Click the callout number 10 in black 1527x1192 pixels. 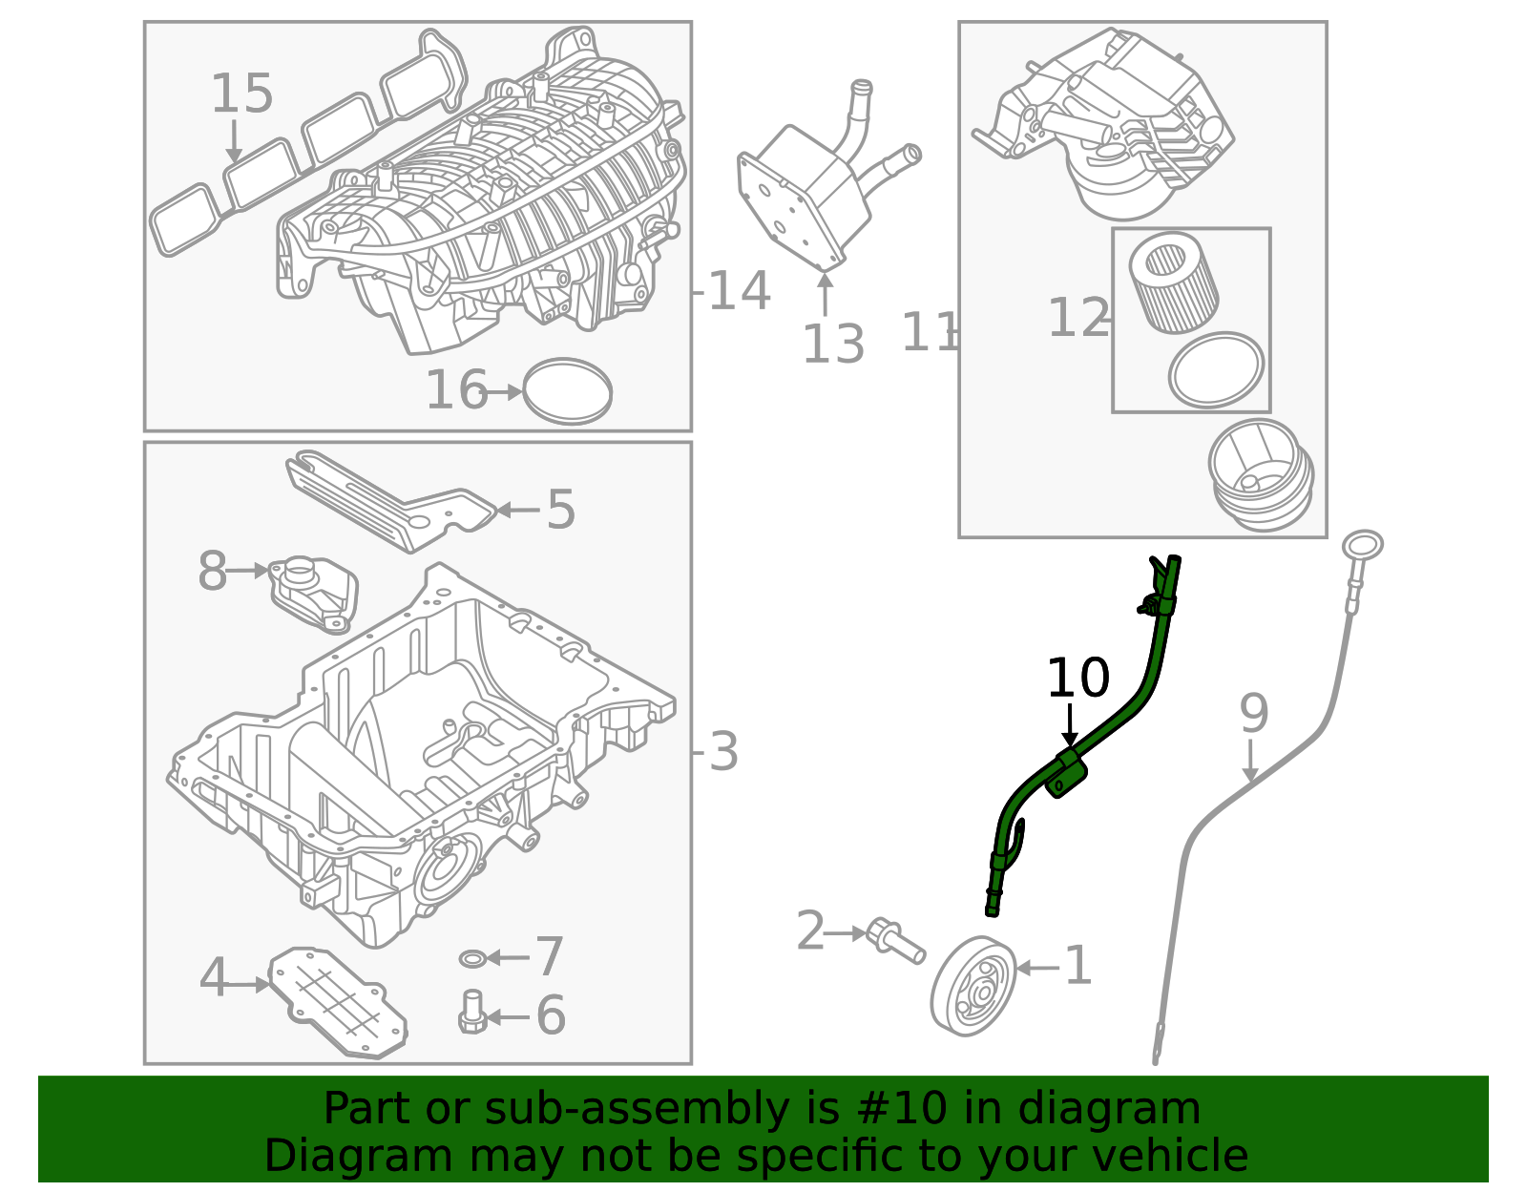click(x=1077, y=679)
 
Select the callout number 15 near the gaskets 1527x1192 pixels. click(x=241, y=94)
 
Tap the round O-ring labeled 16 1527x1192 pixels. click(x=568, y=391)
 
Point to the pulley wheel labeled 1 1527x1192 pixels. click(x=973, y=987)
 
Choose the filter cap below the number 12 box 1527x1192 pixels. click(x=1261, y=475)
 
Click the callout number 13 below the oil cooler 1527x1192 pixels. click(x=833, y=345)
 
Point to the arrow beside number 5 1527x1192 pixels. click(x=516, y=510)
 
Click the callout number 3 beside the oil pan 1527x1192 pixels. click(x=723, y=752)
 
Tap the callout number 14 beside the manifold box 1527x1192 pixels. click(x=739, y=291)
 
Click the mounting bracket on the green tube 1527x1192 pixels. click(x=1066, y=773)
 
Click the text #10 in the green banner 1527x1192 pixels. click(x=903, y=1109)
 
